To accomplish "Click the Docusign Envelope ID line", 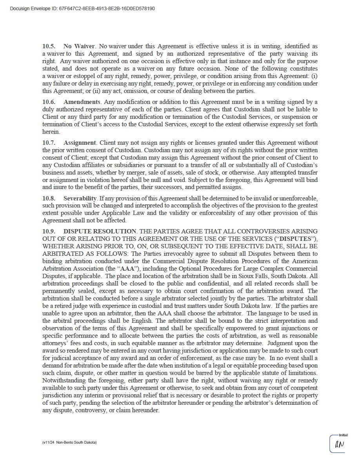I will coord(82,8).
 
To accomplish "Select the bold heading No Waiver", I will coord(79,46).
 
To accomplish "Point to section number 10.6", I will coord(49,102).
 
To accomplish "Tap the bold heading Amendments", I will coord(82,102).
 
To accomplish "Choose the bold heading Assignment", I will coord(80,143).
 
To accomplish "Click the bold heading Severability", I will coord(80,198).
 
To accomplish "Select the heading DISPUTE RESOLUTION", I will coord(100,231).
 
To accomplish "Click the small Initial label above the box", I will coord(343,435).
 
